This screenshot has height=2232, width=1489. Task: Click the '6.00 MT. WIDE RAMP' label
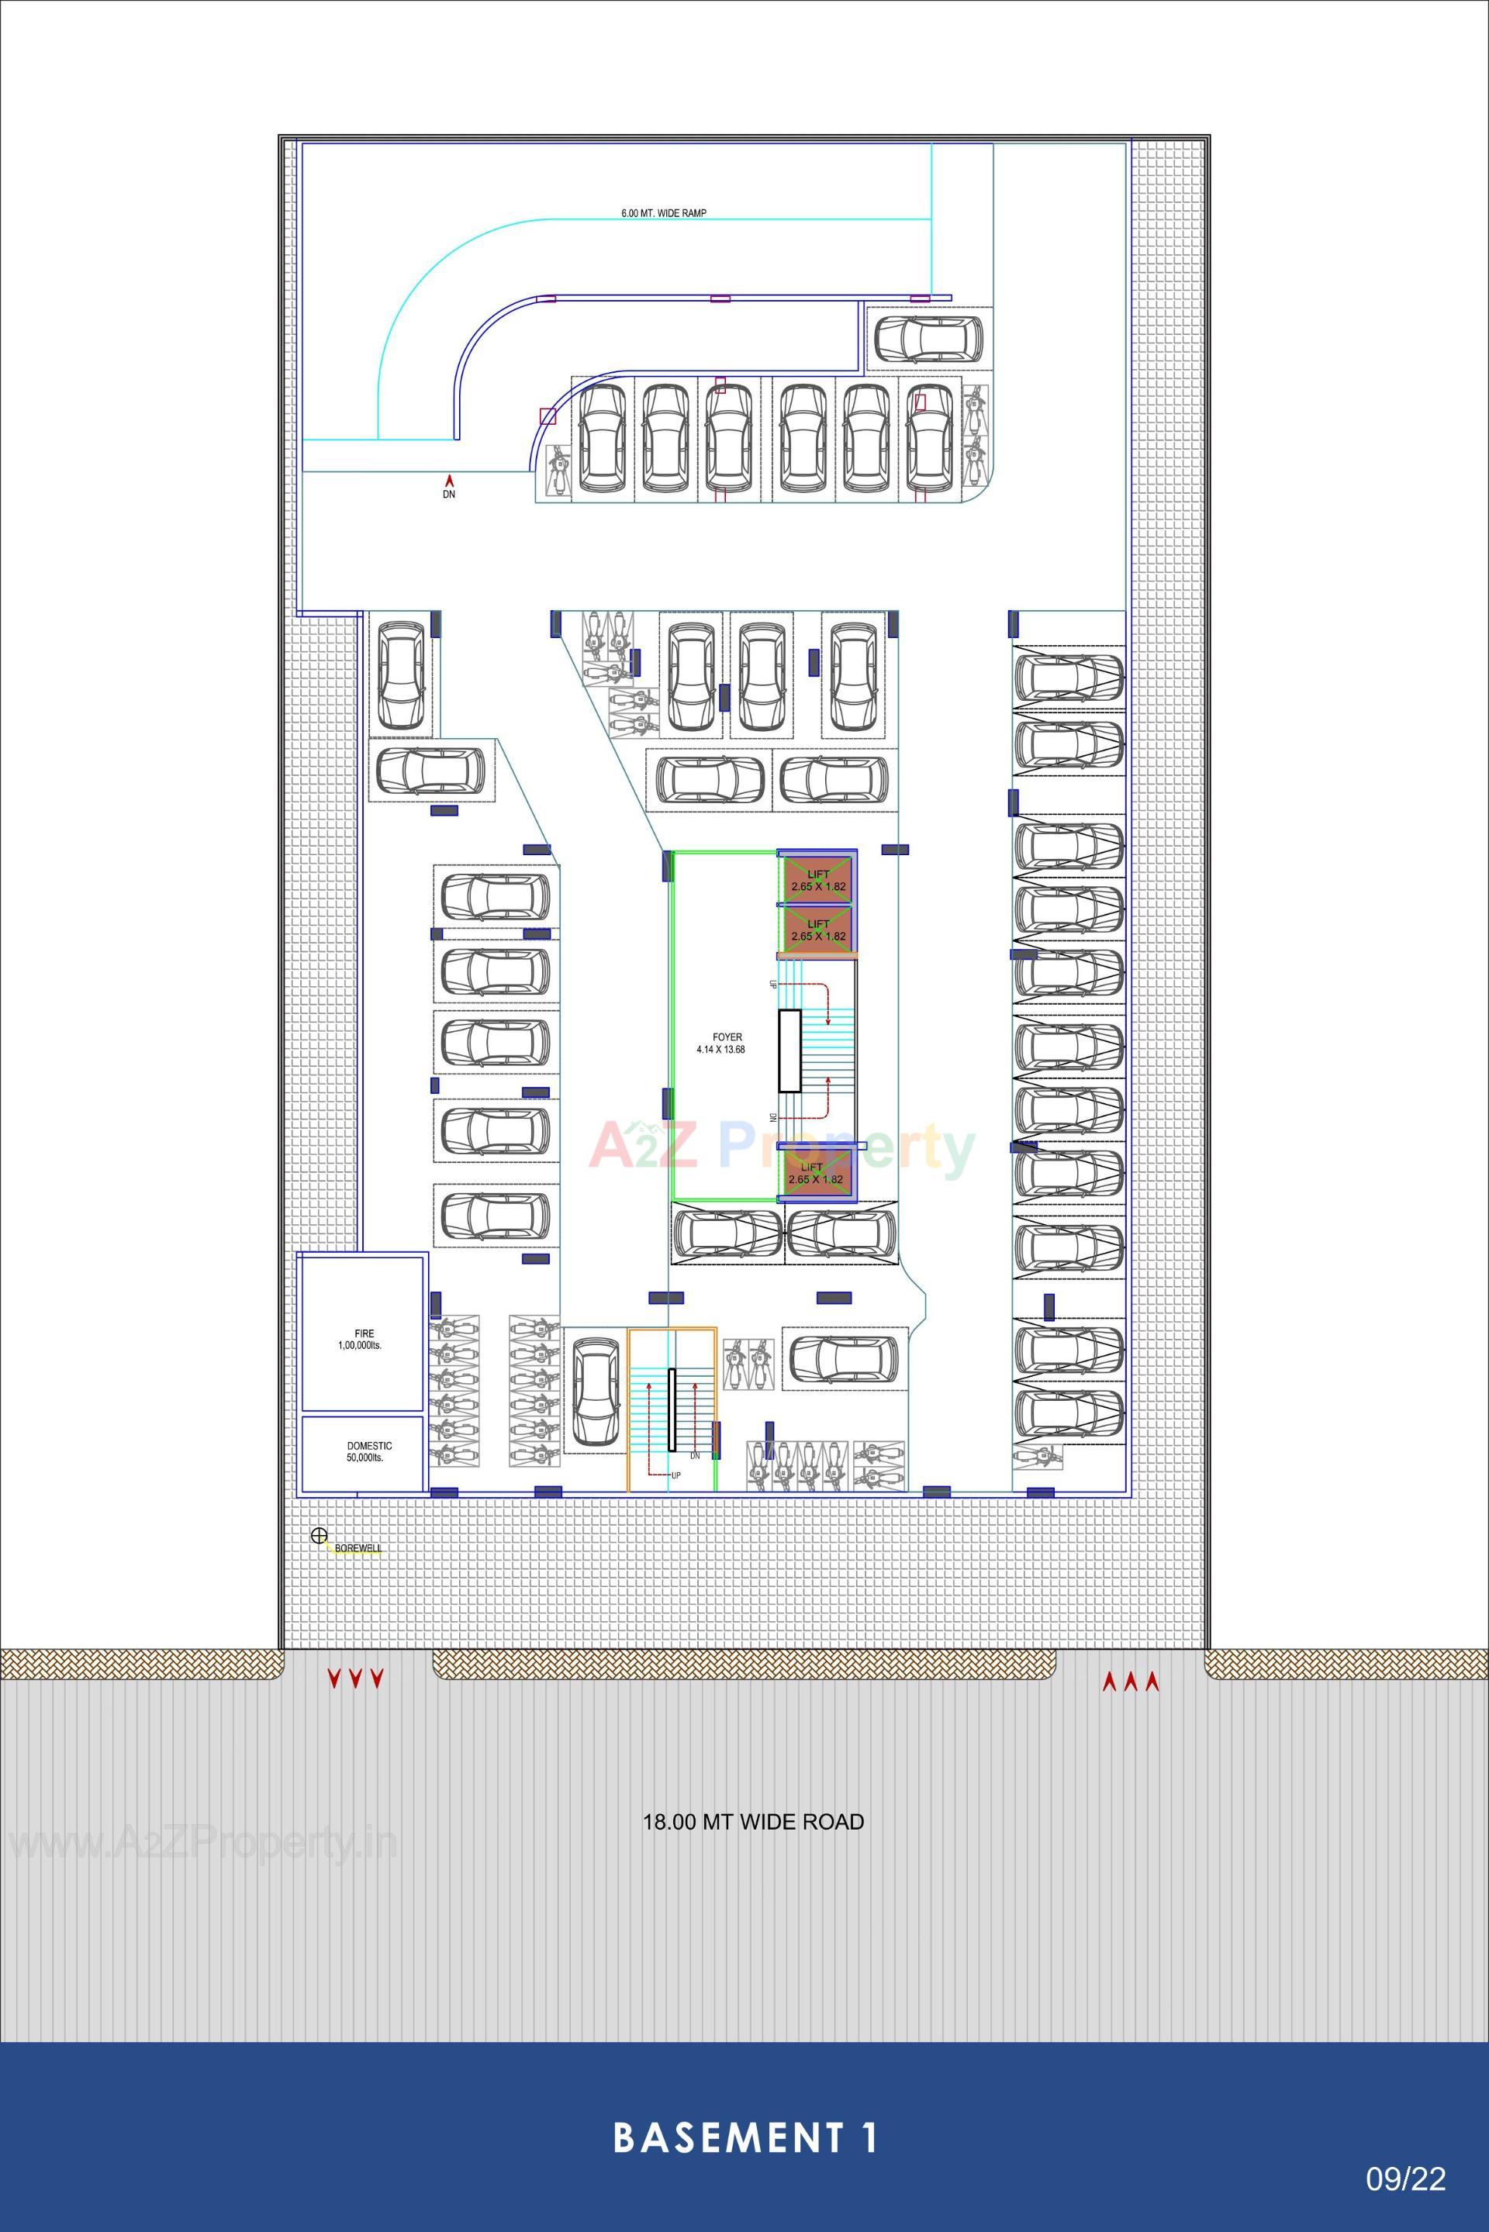(664, 214)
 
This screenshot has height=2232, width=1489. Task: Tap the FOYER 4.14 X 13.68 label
(720, 1044)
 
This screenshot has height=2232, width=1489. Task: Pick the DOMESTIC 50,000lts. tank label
(369, 1451)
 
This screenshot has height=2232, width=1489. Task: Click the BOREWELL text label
(358, 1548)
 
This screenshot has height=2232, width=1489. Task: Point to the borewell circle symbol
(319, 1535)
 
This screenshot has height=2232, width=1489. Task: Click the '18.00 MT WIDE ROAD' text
(753, 1822)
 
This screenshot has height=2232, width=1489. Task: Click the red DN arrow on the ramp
(449, 481)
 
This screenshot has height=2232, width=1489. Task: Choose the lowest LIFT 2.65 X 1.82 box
(817, 1175)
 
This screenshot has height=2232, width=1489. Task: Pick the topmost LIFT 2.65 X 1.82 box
(817, 879)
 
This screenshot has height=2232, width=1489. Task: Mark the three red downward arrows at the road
(355, 1679)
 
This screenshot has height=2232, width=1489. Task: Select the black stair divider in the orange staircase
(672, 1410)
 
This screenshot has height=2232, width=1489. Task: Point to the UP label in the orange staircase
(675, 1475)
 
